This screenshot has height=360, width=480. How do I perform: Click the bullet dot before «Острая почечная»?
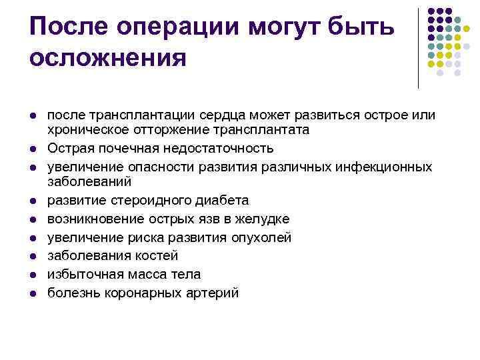(x=33, y=148)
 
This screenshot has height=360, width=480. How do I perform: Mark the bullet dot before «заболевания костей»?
(x=33, y=256)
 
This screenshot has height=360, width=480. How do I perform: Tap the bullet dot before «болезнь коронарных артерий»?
(x=33, y=293)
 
